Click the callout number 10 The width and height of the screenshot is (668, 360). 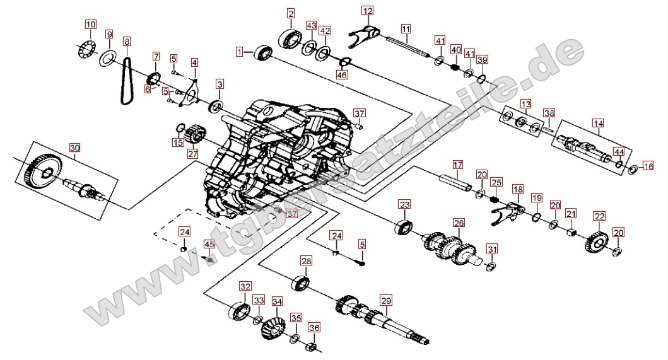[x=91, y=25]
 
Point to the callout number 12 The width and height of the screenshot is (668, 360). [x=367, y=11]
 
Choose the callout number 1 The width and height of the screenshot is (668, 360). [x=240, y=52]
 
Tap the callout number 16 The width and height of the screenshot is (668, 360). [x=648, y=166]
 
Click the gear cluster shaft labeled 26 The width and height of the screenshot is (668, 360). [x=450, y=249]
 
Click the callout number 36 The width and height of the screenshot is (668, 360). [x=314, y=328]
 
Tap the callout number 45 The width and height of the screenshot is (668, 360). [x=209, y=244]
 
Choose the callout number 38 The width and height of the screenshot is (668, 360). [x=549, y=113]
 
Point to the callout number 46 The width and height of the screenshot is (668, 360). [x=342, y=75]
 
